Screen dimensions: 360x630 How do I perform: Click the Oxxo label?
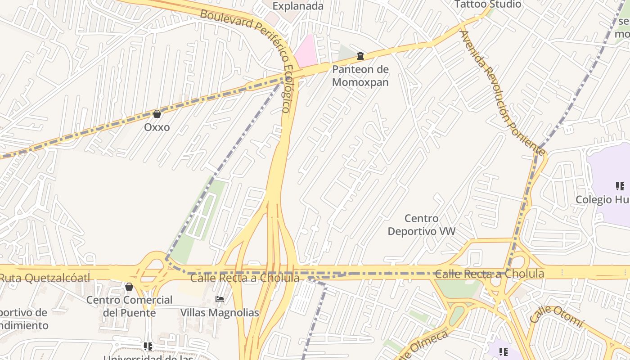157,127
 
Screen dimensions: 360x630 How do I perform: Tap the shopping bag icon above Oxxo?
157,114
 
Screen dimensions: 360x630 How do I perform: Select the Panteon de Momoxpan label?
360,76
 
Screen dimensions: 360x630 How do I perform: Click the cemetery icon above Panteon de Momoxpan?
360,56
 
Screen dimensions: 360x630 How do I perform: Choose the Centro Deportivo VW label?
422,225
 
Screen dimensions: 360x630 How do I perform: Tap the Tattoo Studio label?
488,4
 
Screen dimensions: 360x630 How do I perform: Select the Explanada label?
298,6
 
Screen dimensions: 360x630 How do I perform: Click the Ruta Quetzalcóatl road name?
45,278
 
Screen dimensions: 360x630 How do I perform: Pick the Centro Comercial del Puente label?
130,306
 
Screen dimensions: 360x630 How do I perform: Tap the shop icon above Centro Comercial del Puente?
129,287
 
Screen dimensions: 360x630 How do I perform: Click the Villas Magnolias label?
220,312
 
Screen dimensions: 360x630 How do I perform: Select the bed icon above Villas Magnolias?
220,299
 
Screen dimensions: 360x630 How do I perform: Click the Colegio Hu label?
603,199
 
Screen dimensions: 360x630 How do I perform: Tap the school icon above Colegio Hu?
620,186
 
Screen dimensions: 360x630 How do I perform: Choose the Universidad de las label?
148,357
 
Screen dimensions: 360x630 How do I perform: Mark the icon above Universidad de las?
148,346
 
